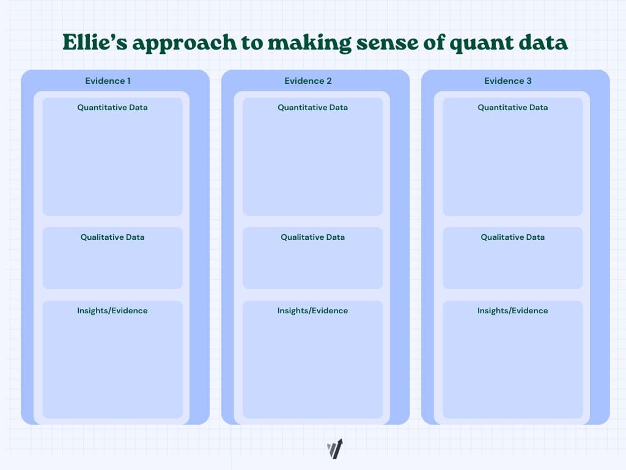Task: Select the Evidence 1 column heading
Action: [x=108, y=81]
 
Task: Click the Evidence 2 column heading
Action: [x=307, y=81]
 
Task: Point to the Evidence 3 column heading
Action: [x=507, y=81]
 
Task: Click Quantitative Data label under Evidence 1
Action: [x=112, y=107]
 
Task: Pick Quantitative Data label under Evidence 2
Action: [x=312, y=107]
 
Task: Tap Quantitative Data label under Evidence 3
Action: [x=512, y=107]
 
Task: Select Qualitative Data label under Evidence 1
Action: [x=112, y=237]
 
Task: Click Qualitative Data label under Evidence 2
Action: [x=312, y=237]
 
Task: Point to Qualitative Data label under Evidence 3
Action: [x=512, y=237]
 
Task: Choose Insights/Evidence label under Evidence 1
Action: [x=112, y=310]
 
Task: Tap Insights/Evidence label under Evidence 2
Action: [x=312, y=310]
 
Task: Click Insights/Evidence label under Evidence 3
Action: [x=512, y=310]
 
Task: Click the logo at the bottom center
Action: [x=334, y=449]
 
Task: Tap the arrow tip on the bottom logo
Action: [x=340, y=441]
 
